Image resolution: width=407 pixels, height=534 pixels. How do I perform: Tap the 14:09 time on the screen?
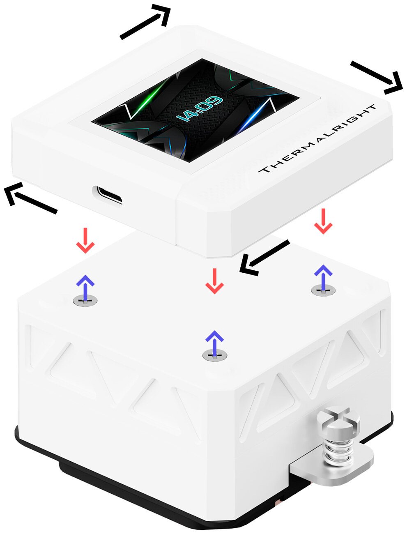click(x=200, y=108)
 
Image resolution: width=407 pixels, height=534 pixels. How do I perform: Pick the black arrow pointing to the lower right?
click(x=376, y=76)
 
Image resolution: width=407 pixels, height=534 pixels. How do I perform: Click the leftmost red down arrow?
click(x=85, y=240)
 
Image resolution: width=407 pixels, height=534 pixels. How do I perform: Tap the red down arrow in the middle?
click(x=214, y=281)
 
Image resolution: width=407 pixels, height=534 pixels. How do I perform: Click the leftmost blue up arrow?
click(x=85, y=285)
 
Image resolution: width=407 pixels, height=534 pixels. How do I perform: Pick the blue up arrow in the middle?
click(x=214, y=341)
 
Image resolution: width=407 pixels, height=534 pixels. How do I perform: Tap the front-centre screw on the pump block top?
click(x=215, y=356)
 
